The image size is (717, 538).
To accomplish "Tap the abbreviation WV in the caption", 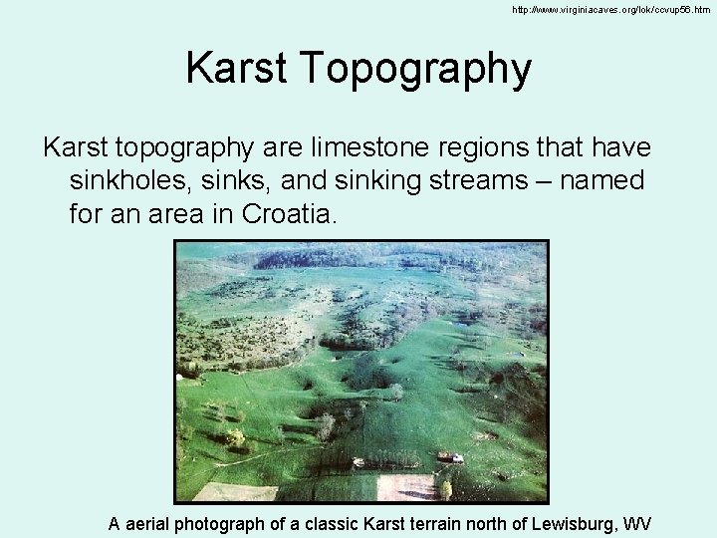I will [637, 523].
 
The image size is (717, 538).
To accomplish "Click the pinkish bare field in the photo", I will [405, 487].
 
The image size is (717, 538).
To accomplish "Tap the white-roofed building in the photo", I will [450, 457].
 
